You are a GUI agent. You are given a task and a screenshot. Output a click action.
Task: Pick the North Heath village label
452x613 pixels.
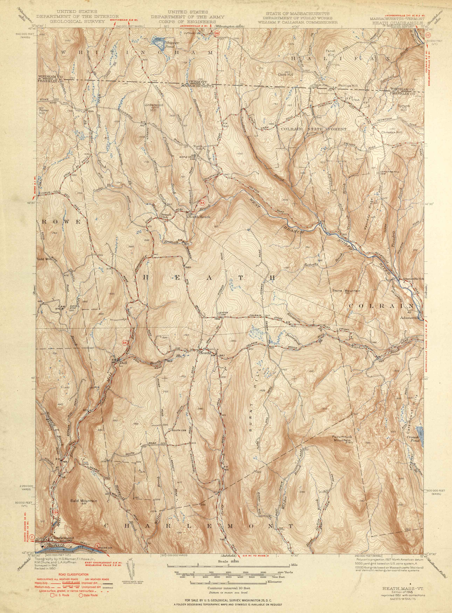pos(199,217)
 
